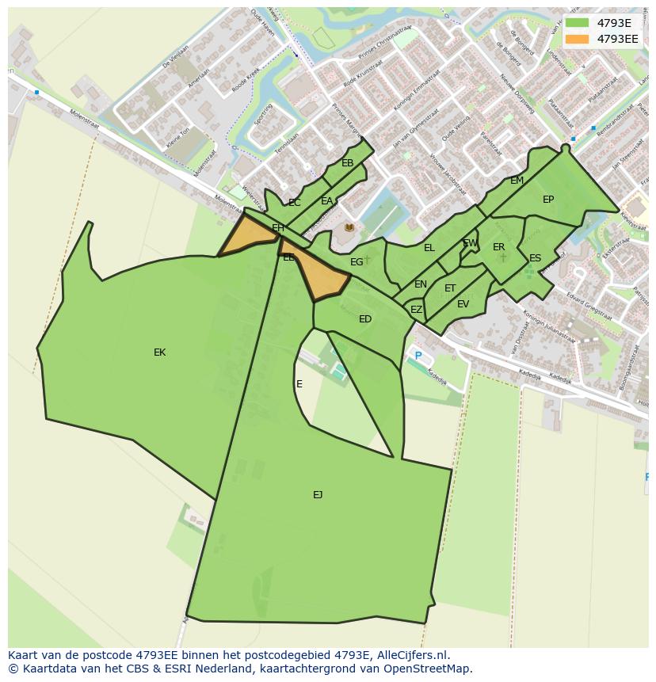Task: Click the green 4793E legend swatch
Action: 578,23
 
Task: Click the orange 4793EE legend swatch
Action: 578,39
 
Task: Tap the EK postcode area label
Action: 159,352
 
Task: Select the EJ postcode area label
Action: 318,495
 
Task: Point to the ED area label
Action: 365,319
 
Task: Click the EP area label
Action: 548,200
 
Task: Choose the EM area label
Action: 517,181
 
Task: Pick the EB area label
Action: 347,163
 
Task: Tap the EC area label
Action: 294,203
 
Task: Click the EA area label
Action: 326,201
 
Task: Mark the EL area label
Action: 429,248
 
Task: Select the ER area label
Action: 498,247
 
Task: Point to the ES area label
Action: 535,258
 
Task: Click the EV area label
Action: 463,304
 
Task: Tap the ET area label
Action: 450,288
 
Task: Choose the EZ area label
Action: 416,310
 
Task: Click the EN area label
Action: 421,284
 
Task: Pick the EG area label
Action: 357,262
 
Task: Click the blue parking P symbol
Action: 418,356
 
